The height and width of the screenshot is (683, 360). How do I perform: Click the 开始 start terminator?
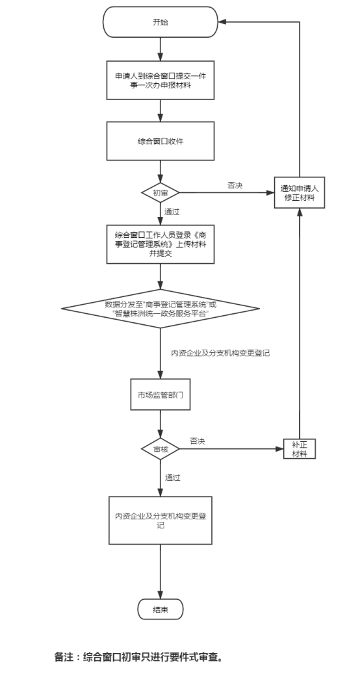pos(161,22)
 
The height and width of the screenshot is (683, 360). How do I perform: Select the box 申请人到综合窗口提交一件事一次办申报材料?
pos(161,80)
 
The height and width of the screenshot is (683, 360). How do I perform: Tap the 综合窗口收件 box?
pos(161,141)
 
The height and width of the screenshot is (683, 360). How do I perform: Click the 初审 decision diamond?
pos(161,193)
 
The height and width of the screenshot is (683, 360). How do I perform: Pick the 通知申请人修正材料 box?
pos(300,192)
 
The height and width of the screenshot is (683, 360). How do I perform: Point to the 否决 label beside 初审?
pos(235,185)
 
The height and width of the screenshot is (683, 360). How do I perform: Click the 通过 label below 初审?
pos(172,212)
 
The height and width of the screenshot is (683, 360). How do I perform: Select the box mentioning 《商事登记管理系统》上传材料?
pos(161,244)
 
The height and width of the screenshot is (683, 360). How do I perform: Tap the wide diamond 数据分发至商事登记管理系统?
pos(161,309)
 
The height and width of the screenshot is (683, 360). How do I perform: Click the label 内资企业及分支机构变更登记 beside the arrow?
pos(221,353)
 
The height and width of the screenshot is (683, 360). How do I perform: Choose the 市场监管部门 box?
pos(161,394)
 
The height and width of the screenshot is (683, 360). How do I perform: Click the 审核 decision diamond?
pos(161,449)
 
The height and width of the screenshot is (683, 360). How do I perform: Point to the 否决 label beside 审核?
pos(197,441)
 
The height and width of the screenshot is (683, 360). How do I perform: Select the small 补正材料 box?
pos(300,448)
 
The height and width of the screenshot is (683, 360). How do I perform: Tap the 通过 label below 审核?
pos(172,478)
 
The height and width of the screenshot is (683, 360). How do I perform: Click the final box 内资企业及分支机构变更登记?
pos(161,521)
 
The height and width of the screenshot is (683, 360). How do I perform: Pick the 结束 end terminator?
pos(161,610)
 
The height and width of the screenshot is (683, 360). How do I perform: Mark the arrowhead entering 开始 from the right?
pos(222,22)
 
